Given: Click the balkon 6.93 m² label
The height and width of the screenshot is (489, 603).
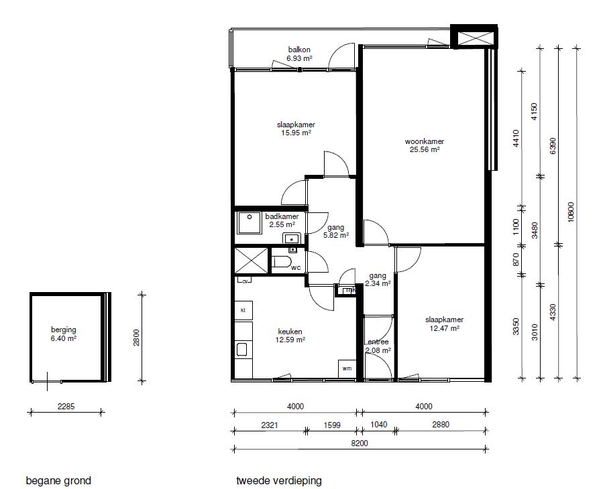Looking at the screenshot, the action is [299, 54].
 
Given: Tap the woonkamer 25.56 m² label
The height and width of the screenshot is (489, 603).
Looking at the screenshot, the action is [425, 145].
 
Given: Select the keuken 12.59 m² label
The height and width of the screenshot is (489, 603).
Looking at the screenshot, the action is [290, 336].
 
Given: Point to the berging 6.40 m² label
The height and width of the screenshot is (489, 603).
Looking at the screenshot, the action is [64, 334].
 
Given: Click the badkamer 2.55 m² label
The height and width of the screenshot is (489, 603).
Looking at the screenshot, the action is [282, 220].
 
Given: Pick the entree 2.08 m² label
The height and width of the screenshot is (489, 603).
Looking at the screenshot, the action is [378, 346].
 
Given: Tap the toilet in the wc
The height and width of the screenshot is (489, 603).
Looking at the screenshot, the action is [282, 262].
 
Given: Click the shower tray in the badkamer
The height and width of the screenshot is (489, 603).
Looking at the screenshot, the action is [250, 222].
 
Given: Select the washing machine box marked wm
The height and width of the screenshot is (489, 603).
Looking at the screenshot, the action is [347, 369].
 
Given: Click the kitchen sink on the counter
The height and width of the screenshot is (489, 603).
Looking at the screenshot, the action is [242, 350].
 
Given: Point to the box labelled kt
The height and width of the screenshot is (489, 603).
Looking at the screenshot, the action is [243, 310].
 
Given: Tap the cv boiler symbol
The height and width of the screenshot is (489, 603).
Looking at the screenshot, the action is [245, 281].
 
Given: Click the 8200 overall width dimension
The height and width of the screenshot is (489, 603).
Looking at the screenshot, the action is [360, 443].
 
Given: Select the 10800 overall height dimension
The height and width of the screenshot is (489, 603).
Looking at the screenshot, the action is [570, 212].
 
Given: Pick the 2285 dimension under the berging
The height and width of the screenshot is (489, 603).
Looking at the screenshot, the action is [66, 406].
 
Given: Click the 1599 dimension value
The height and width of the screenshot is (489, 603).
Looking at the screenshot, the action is [332, 425].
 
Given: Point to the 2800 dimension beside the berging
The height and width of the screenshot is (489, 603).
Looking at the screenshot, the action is [136, 338].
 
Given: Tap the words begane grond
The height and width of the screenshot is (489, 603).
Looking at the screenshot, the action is [58, 480].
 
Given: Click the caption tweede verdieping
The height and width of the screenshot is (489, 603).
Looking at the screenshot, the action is [279, 480].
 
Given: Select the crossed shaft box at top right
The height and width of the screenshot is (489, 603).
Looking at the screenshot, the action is [474, 37].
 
